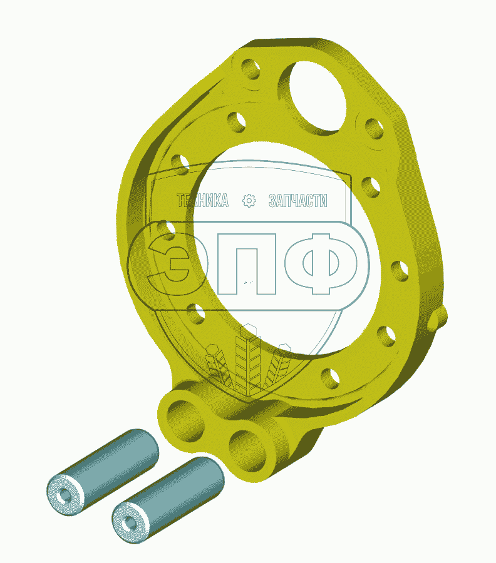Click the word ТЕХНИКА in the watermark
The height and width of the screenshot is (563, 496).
click(x=203, y=200)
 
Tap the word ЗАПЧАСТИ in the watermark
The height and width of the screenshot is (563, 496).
click(x=298, y=200)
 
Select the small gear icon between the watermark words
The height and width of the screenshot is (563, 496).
click(x=249, y=200)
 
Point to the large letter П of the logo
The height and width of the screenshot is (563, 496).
click(x=247, y=264)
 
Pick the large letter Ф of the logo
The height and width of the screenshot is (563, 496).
click(x=321, y=263)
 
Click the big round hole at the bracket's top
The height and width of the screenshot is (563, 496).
click(x=313, y=96)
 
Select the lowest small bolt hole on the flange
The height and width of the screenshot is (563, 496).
click(x=330, y=378)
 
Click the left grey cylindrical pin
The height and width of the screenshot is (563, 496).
click(x=103, y=472)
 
